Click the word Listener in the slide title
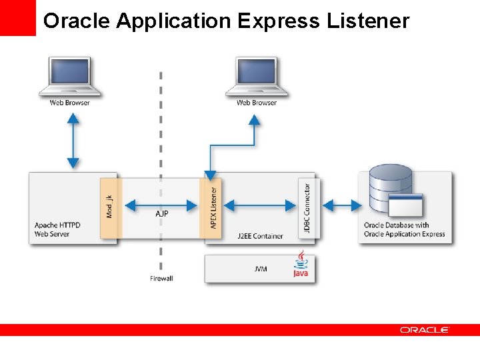coord(367,21)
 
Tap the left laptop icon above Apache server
coord(70,77)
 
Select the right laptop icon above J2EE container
coord(257,77)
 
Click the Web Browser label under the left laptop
coord(70,103)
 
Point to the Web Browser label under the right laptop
coord(257,103)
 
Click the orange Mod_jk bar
coord(110,207)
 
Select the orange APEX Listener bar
coord(210,207)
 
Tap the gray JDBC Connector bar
coord(308,208)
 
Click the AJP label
coord(162,214)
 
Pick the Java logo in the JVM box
coord(301,265)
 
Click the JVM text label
coord(261,269)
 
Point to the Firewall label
coord(161,278)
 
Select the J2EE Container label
coord(261,236)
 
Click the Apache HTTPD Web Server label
coord(57,229)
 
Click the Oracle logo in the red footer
coord(425,329)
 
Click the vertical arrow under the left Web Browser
coord(73,141)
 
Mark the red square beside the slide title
coord(18,18)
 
